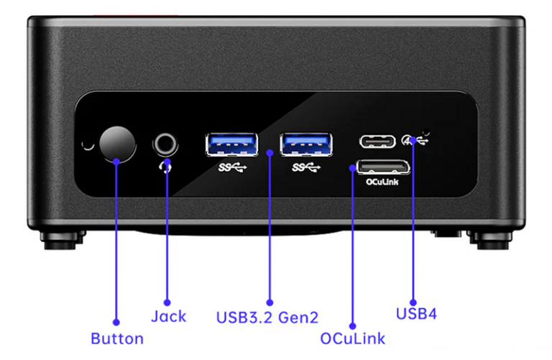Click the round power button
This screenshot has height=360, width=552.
click(x=116, y=144)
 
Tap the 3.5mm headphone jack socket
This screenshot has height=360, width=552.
click(x=166, y=144)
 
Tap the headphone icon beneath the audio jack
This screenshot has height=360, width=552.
click(x=166, y=167)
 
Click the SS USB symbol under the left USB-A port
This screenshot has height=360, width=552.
click(x=231, y=168)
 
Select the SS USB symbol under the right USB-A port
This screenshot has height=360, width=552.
click(x=306, y=168)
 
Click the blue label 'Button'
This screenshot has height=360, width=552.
click(x=117, y=338)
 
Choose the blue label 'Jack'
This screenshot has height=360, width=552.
click(x=169, y=316)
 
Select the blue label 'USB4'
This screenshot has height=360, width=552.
click(x=416, y=314)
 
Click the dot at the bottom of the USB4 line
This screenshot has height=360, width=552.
click(x=414, y=302)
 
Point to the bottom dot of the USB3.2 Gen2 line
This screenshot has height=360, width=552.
click(x=270, y=303)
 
